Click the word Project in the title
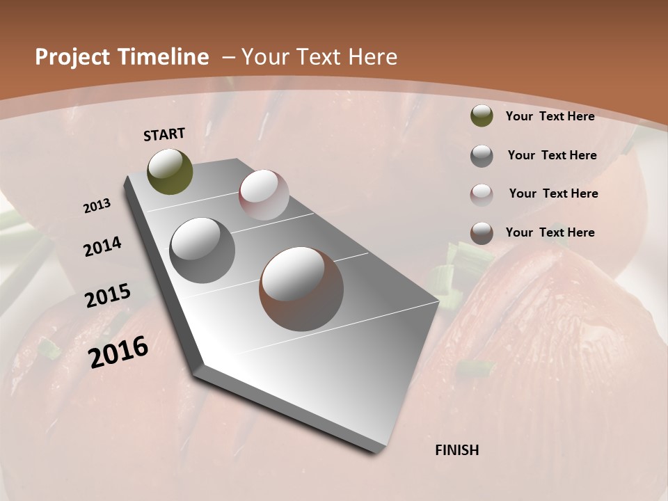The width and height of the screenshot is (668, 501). tap(72, 57)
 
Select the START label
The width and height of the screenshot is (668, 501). tap(164, 134)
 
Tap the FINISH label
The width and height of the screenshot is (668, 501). tap(457, 450)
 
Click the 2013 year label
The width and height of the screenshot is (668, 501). tap(97, 206)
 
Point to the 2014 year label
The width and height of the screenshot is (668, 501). tap(102, 247)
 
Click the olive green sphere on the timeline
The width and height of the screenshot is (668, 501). tap(170, 172)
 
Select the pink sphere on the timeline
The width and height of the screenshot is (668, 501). tap(264, 195)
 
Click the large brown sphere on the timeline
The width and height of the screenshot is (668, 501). tap(301, 289)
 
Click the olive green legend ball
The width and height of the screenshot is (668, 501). tap(482, 116)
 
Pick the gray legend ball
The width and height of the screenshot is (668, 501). tap(482, 156)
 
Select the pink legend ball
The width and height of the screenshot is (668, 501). tap(482, 195)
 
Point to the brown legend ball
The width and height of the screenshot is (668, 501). tap(482, 233)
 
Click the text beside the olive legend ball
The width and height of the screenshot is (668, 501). tap(550, 116)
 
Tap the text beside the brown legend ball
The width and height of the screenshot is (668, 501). tap(550, 232)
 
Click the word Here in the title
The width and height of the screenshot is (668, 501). tap(372, 57)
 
